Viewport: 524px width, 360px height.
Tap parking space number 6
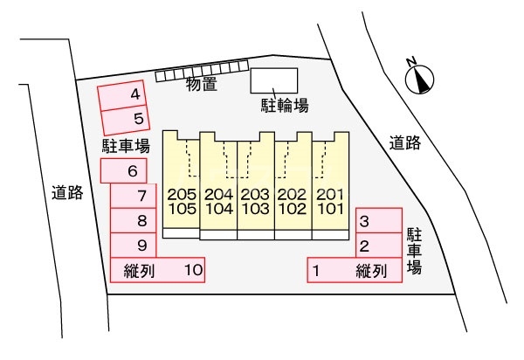(x=124, y=170)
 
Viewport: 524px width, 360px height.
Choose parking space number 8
(x=134, y=220)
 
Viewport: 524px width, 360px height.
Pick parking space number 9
(x=134, y=246)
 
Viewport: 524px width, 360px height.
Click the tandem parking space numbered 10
(x=157, y=270)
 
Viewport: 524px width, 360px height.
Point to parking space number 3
(x=379, y=220)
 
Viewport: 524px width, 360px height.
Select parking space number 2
(x=379, y=246)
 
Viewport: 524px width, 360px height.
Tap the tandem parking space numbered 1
(x=355, y=270)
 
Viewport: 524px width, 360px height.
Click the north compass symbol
(x=419, y=80)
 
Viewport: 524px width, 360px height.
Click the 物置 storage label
(x=202, y=84)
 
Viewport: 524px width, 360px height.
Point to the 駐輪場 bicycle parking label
(x=285, y=106)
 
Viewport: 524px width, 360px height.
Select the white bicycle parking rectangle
(x=274, y=80)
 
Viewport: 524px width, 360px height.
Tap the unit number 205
(x=182, y=194)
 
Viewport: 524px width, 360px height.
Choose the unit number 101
(x=330, y=209)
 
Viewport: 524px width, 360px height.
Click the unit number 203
(x=255, y=194)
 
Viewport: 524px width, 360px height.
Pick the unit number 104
(x=219, y=209)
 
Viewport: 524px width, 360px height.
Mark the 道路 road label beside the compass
(x=404, y=143)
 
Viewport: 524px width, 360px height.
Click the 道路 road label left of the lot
(x=67, y=192)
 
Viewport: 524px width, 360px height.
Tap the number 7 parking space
(x=134, y=196)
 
